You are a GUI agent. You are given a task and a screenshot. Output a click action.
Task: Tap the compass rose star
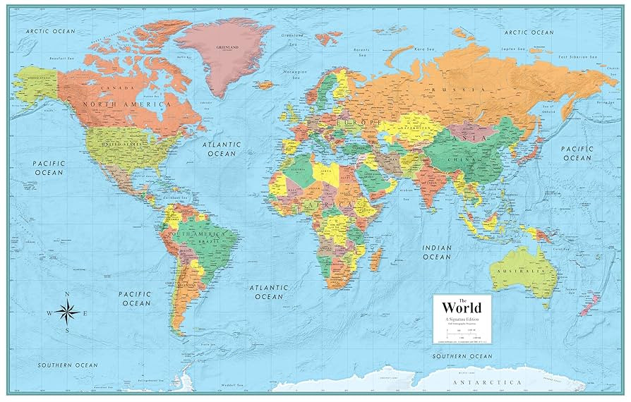click(x=68, y=310)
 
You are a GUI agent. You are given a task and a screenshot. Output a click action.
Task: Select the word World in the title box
click(x=462, y=307)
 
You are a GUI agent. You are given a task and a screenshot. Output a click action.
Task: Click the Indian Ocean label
click(x=437, y=252)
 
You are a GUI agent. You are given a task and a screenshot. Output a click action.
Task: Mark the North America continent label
click(x=126, y=104)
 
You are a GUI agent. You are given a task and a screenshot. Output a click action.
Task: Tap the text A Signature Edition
click(x=462, y=319)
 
